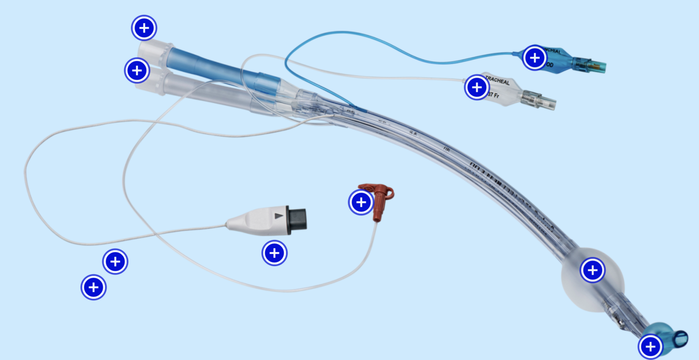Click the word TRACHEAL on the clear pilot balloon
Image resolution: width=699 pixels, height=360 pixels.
(497, 82)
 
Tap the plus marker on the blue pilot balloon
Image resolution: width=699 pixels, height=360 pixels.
(534, 58)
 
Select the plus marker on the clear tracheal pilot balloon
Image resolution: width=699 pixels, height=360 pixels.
(477, 87)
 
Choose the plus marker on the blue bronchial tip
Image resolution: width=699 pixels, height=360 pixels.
(650, 346)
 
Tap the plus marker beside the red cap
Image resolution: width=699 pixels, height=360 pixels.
(361, 202)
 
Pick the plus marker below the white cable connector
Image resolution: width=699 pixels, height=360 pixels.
(274, 253)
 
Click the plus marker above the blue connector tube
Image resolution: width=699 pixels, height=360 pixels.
(144, 27)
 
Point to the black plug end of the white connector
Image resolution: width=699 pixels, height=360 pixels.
(297, 219)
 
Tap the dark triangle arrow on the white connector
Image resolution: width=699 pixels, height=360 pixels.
(279, 215)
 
